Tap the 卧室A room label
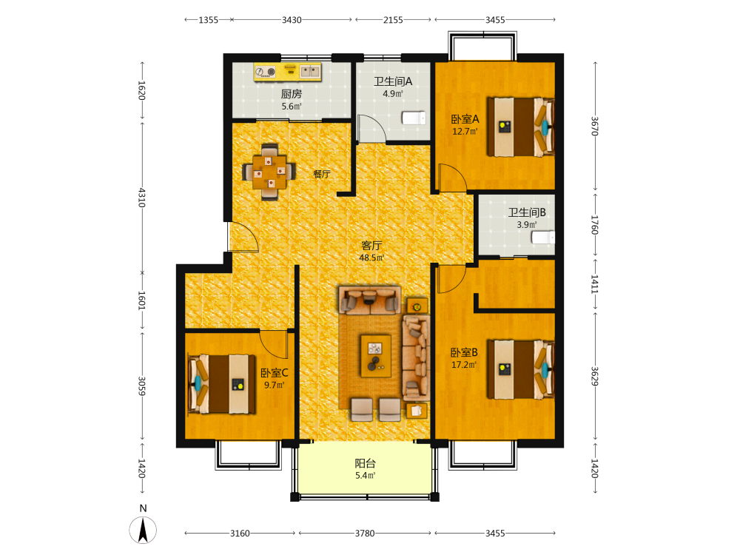point(465,119)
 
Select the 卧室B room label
point(464,352)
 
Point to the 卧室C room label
point(275,373)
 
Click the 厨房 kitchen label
point(291,94)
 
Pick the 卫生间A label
point(393,81)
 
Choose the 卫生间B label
point(527,212)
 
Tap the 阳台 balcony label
point(365,463)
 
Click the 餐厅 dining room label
point(322,174)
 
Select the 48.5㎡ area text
point(371,258)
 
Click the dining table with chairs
point(269,172)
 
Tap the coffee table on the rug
point(376,356)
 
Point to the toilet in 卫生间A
point(414,118)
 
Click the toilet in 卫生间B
point(543,237)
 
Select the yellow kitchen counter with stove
point(287,72)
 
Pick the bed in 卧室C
point(222,385)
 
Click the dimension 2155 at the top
point(393,20)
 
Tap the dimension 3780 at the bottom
point(365,534)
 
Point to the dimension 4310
point(141,198)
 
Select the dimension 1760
point(595,225)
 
